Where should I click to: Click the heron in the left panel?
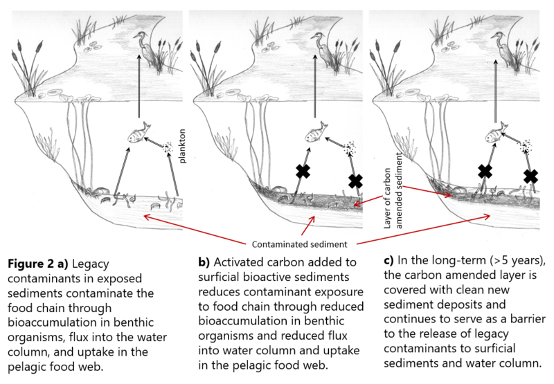[147, 48]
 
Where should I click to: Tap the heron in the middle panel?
[323, 48]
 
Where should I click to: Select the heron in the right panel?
[500, 48]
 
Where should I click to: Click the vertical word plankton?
[185, 138]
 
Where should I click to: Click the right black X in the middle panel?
[355, 181]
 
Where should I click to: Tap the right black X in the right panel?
[531, 176]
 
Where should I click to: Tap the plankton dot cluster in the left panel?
[168, 147]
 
